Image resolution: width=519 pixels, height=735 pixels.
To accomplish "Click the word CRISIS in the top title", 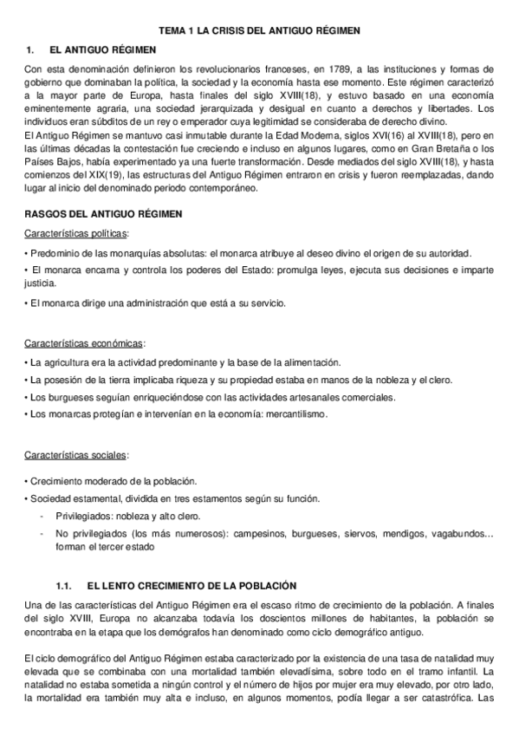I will [235, 30].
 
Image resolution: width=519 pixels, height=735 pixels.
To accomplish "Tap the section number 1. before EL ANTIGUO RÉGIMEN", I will [29, 50].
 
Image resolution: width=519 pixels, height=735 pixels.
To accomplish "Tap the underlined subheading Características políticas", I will [76, 233].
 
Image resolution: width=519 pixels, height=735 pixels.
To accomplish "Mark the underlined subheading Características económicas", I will [84, 342].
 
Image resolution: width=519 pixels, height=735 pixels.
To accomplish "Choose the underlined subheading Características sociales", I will [76, 454].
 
